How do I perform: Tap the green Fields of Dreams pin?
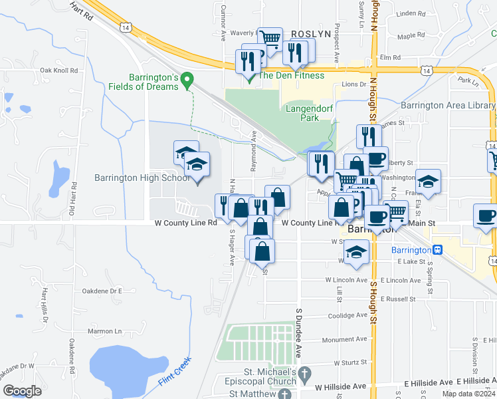coord(187,80)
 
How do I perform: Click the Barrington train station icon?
coord(437,249)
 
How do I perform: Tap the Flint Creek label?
coord(175,374)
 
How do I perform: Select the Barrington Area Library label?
coord(448,105)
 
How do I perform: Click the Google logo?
coord(22,390)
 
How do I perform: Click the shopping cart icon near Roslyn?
coord(270,39)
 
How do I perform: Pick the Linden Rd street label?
coord(410,13)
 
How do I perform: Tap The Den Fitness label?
coord(291,75)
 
